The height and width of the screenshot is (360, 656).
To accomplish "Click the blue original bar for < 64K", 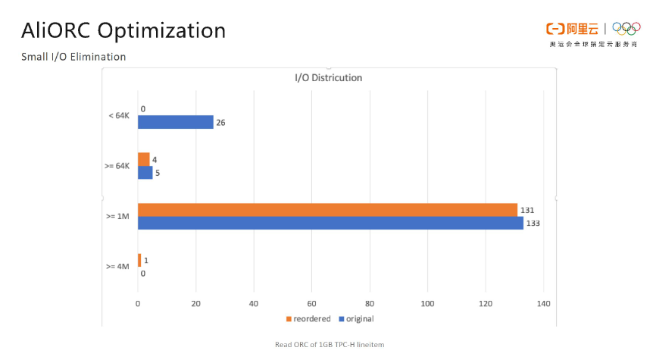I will pyautogui.click(x=175, y=122).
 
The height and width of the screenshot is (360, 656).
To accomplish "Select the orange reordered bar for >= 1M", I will pyautogui.click(x=327, y=210).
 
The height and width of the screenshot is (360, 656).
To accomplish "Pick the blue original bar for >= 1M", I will pyautogui.click(x=330, y=223).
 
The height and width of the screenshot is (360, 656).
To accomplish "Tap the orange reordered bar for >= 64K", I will pyautogui.click(x=143, y=159).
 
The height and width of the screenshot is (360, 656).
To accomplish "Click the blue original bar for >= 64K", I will pyautogui.click(x=145, y=172).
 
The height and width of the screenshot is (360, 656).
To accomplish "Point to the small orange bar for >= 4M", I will pyautogui.click(x=139, y=260).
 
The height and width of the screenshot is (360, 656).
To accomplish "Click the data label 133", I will pyautogui.click(x=533, y=224).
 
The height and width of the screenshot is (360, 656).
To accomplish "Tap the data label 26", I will pyautogui.click(x=221, y=122).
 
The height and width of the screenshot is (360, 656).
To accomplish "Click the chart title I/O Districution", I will pyautogui.click(x=328, y=78).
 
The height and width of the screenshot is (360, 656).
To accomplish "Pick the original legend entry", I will pyautogui.click(x=355, y=319).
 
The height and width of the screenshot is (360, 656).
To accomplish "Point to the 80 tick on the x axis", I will pyautogui.click(x=370, y=304).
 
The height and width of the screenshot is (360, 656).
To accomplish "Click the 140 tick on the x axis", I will pyautogui.click(x=543, y=304).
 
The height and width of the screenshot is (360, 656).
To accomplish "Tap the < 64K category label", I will pyautogui.click(x=120, y=115).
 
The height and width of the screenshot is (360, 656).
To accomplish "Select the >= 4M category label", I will pyautogui.click(x=119, y=267).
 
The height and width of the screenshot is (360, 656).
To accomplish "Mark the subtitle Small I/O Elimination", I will pyautogui.click(x=74, y=57).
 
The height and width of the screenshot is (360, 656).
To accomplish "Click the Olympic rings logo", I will pyautogui.click(x=626, y=28).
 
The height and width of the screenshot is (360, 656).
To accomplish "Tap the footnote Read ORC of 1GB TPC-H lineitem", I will pyautogui.click(x=330, y=345).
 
